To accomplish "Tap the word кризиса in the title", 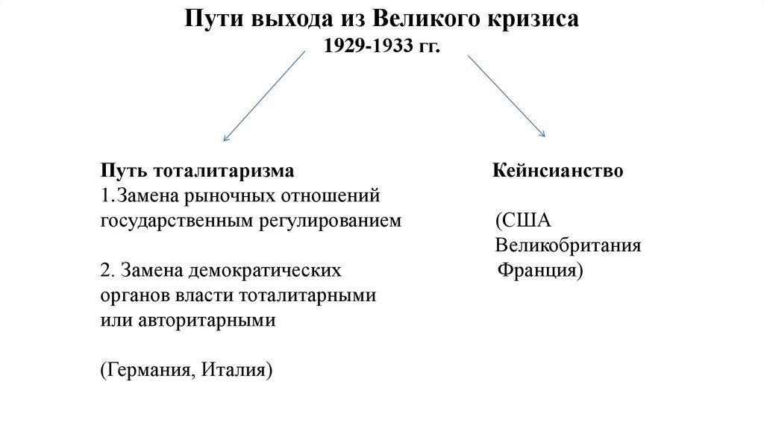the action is click(536, 19).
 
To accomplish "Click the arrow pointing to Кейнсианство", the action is click(506, 96).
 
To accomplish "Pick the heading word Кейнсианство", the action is click(557, 171).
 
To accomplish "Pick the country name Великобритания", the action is click(568, 245).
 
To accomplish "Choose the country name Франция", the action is click(539, 270).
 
